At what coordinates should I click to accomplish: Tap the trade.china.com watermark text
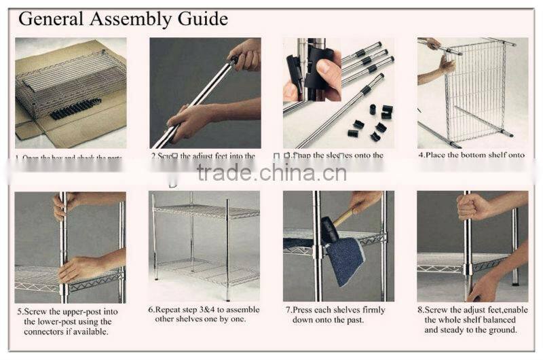[271, 173]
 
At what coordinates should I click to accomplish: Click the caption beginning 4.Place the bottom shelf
[472, 155]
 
